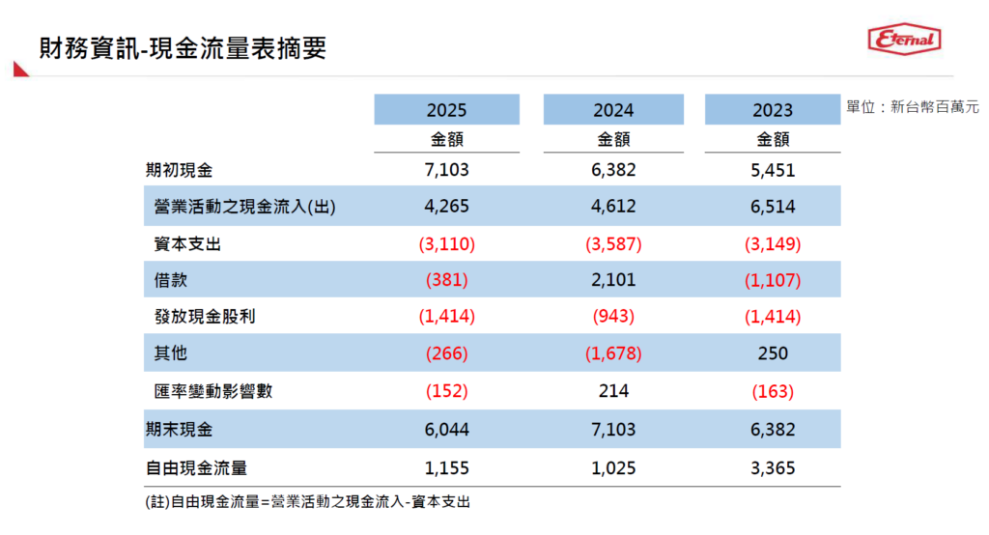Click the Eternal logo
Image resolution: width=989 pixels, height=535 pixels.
pos(904,40)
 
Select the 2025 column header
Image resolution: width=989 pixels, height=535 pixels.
pos(446,110)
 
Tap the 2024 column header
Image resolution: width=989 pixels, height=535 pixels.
pos(613,110)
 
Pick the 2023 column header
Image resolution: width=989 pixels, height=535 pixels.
pos(773,110)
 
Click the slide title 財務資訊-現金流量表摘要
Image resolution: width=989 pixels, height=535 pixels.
pos(183,48)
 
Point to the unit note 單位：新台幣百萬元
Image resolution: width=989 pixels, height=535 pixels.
pos(912,107)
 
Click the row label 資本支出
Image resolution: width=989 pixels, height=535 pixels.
pos(187,244)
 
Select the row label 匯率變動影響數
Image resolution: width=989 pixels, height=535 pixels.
pos(213,391)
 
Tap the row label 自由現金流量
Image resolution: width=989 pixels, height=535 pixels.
pos(196,468)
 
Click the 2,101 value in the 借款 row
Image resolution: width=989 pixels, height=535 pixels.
pos(613,279)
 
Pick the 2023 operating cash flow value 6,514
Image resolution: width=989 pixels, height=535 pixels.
pos(773,207)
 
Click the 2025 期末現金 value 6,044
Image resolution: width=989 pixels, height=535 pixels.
pos(446,430)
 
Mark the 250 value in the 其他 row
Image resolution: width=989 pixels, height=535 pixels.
pos(773,353)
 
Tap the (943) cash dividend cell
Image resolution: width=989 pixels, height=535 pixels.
pos(613,316)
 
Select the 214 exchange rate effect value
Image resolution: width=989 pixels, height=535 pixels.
pos(613,391)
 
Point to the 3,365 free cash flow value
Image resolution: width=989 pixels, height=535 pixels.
pos(773,468)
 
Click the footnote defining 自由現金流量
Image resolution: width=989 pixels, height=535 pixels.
pos(308,502)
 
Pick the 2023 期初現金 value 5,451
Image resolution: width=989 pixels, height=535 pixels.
pos(773,170)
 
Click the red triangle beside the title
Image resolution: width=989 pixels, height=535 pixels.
pos(20,70)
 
